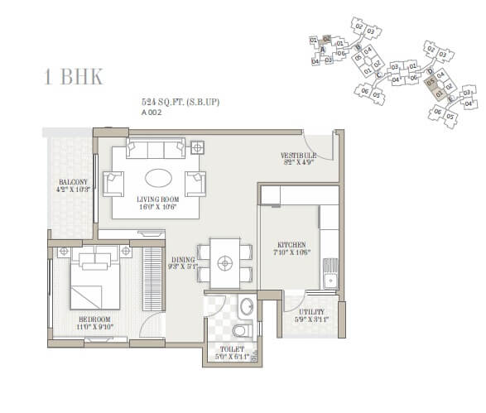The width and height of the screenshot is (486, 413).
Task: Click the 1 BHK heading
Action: [73, 78]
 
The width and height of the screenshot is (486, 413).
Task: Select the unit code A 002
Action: [151, 113]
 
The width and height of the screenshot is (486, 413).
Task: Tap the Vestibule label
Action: [298, 159]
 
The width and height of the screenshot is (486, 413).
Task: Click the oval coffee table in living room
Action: [161, 179]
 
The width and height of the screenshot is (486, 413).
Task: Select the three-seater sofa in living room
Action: [155, 150]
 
